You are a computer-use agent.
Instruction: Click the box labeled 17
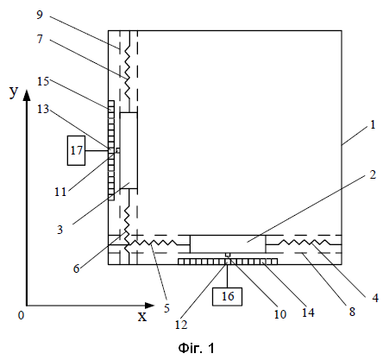point(76,150)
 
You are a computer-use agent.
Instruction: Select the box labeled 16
point(227,296)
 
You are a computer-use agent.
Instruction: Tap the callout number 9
point(40,15)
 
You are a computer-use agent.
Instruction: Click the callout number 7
point(40,39)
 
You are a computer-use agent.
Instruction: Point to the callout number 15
point(43,81)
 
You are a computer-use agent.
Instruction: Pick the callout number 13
point(43,109)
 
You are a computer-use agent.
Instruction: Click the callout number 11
point(60,192)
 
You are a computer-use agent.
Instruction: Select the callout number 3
point(60,230)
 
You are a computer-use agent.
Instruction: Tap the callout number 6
point(76,268)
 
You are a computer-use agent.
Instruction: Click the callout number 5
point(166,308)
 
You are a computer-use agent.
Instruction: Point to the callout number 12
point(181,325)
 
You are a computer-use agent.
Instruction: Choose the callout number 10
point(280,314)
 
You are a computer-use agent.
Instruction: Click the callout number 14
point(308,313)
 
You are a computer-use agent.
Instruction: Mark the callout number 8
point(352,312)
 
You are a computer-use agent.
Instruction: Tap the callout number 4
point(375,298)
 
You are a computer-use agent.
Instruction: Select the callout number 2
point(373,174)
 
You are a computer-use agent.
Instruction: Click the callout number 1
point(373,124)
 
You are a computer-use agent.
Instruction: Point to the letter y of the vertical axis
point(14,92)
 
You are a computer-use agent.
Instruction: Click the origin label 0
point(22,315)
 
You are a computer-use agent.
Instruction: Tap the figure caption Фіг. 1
point(197,348)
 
